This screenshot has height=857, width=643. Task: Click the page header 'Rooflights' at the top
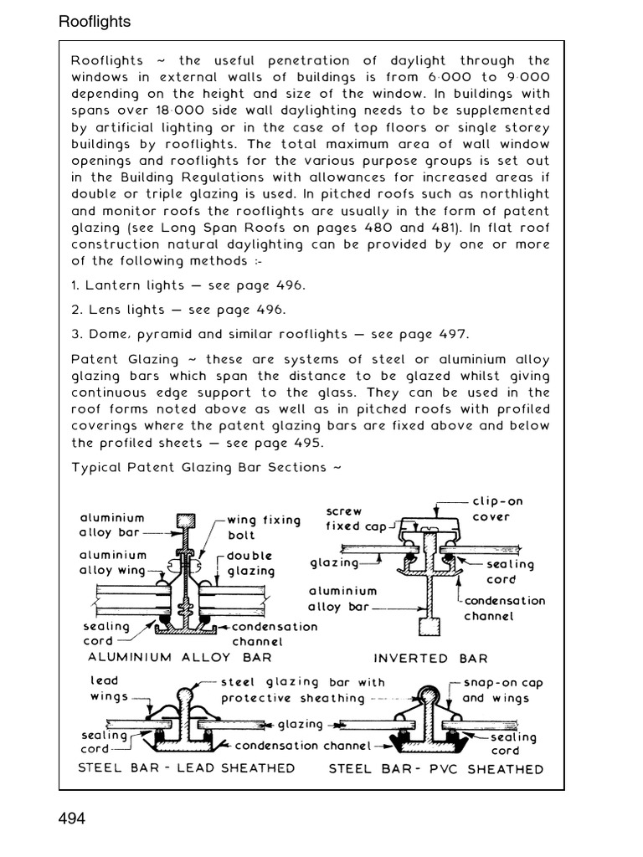[95, 22]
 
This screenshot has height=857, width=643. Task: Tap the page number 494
[72, 818]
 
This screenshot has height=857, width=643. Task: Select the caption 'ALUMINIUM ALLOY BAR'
[180, 657]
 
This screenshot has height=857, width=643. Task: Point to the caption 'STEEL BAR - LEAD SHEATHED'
[186, 767]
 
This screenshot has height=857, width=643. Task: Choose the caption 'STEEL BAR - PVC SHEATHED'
[435, 768]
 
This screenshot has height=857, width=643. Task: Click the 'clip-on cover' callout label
[498, 509]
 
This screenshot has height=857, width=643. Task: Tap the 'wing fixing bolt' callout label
[263, 527]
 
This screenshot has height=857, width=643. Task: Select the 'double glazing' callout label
[251, 563]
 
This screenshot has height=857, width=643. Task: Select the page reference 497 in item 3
[453, 334]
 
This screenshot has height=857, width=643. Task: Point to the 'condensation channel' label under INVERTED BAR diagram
[504, 608]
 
